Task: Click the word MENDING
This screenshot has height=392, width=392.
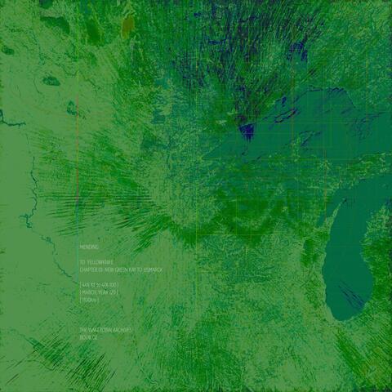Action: tap(89, 246)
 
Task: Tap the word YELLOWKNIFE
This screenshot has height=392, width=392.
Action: tap(101, 261)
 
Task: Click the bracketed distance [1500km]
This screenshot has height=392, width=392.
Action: tap(89, 300)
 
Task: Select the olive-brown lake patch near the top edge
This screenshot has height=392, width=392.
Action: tap(128, 26)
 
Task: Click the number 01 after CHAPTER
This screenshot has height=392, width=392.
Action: tap(102, 269)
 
